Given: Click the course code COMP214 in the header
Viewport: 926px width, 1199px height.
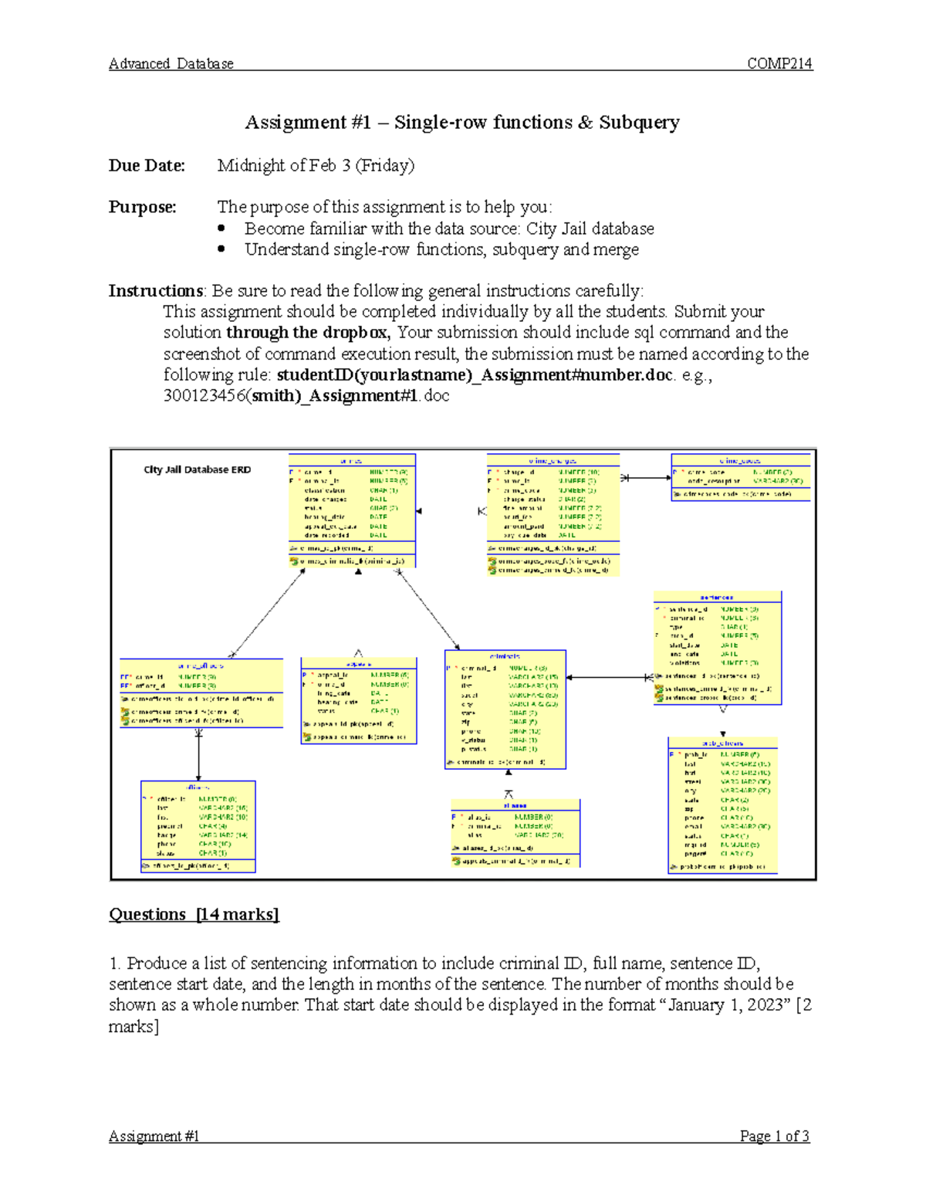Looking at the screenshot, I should click(x=779, y=64).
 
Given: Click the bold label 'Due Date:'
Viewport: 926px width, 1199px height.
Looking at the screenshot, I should click(x=147, y=165).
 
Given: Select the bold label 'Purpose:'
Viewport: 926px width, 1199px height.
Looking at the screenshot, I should click(x=142, y=207).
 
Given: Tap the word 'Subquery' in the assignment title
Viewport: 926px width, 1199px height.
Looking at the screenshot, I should click(x=639, y=123).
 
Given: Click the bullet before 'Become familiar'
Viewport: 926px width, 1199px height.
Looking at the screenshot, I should click(x=221, y=229).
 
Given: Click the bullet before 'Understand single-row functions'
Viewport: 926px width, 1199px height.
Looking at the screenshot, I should click(x=221, y=249).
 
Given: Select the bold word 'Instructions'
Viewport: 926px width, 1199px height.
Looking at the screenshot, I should click(x=155, y=291).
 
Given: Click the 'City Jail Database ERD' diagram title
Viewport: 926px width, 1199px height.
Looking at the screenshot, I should click(x=197, y=469).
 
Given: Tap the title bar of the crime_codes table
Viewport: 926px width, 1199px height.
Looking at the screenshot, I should click(x=740, y=460).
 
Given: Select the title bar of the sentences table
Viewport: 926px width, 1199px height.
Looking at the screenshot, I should click(x=717, y=597).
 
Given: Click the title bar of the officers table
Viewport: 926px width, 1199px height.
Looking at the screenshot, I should click(x=198, y=787).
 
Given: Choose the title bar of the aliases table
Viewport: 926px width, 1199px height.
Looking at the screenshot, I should click(x=515, y=805).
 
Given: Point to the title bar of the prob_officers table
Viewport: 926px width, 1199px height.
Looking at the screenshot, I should click(x=722, y=743).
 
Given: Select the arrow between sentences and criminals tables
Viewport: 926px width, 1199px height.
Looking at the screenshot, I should click(x=610, y=678).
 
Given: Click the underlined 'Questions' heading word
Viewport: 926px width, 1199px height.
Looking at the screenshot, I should click(x=147, y=915).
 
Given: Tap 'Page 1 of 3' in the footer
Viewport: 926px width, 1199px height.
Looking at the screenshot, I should click(x=774, y=1136).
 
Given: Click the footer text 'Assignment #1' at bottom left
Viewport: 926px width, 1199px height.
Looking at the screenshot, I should click(x=154, y=1136).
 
